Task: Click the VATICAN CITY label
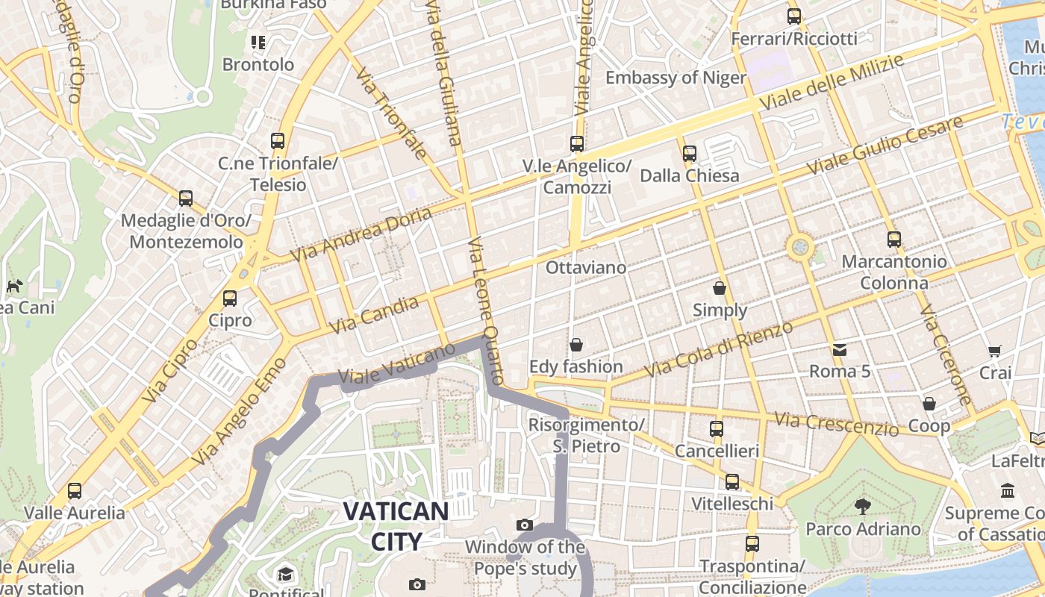(x=396, y=526)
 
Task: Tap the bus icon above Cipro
(x=230, y=298)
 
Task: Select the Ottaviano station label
(x=586, y=266)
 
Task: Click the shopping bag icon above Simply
(x=720, y=288)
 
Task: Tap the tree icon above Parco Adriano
(x=863, y=507)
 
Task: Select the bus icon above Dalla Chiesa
(x=689, y=154)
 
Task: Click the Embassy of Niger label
(x=676, y=78)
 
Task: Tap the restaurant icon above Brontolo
(x=258, y=43)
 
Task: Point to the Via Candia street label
(x=373, y=315)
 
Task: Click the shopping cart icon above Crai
(x=995, y=351)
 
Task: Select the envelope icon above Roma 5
(x=840, y=349)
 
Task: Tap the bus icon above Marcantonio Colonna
(x=894, y=240)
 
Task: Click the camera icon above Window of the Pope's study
(x=525, y=525)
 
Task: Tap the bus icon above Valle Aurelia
(x=75, y=491)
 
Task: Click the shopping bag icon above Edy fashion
(x=575, y=345)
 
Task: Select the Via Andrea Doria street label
(x=361, y=234)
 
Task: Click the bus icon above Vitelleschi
(x=732, y=482)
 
